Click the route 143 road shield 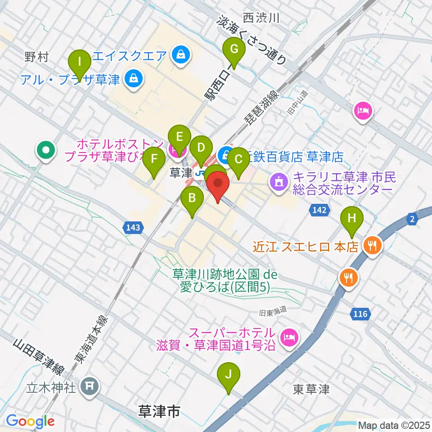[133, 228]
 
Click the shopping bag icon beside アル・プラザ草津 [134, 80]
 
